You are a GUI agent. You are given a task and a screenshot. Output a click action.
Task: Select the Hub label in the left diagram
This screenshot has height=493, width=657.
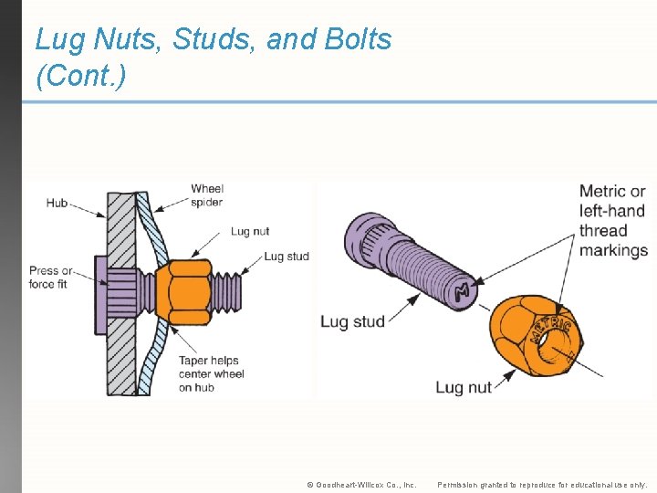point(57,203)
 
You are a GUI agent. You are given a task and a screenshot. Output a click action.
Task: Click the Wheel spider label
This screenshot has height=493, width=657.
point(207,195)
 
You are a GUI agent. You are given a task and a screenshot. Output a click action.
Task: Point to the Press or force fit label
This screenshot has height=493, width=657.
point(51,278)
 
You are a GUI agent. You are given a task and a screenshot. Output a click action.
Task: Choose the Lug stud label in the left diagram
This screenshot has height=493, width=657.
point(286,257)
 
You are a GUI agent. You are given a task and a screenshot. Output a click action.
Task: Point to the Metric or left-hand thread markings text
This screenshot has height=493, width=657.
point(613,220)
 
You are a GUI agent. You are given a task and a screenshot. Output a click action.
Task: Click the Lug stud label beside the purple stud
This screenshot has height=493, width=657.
point(352,321)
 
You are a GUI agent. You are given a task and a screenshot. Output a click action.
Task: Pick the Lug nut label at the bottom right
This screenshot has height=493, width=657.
point(464,387)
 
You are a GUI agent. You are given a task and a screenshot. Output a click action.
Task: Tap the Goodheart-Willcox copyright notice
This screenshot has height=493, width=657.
point(361,485)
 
